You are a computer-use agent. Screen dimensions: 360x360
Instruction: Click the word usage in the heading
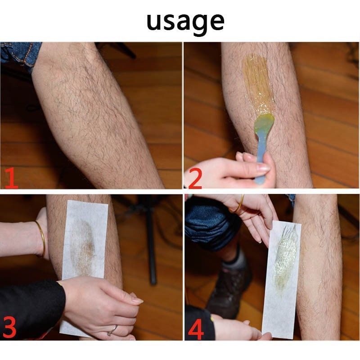tap(185, 22)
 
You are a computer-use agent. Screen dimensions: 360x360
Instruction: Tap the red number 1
tap(11, 178)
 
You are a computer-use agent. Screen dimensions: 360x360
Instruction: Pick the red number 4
tap(196, 329)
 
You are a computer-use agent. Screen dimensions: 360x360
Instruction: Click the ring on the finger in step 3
tap(112, 330)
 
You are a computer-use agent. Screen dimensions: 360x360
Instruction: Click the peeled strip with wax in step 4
tap(282, 280)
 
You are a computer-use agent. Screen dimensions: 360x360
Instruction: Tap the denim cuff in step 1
tap(19, 55)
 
